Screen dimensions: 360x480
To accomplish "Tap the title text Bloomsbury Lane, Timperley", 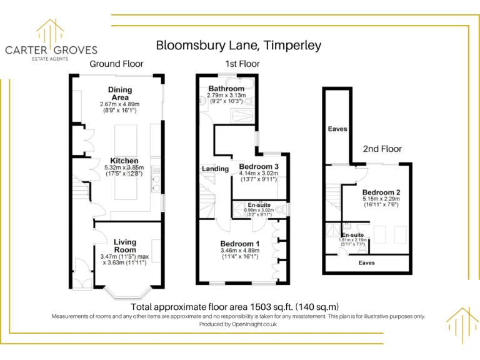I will tap(238, 45).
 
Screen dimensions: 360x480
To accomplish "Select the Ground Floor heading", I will tap(116, 64).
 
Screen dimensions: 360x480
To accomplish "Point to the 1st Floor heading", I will tap(242, 64).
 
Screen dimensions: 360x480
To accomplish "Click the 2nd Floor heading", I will tap(382, 149).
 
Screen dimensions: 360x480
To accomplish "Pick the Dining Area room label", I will tap(119, 94).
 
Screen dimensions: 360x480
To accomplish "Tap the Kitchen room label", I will tap(124, 161).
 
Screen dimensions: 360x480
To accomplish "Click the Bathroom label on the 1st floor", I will tap(226, 89).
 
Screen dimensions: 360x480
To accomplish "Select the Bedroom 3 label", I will tap(257, 166).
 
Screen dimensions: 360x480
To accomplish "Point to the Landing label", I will tap(214, 169).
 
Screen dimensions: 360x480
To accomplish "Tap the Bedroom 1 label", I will tap(239, 243).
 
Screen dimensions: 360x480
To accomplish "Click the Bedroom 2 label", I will tap(381, 192).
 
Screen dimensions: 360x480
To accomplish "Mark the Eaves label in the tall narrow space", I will tap(337, 129).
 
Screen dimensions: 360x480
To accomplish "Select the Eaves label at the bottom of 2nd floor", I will tap(367, 263).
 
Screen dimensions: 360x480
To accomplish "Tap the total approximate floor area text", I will tap(234, 307).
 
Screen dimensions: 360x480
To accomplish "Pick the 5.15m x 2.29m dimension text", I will tap(381, 199).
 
